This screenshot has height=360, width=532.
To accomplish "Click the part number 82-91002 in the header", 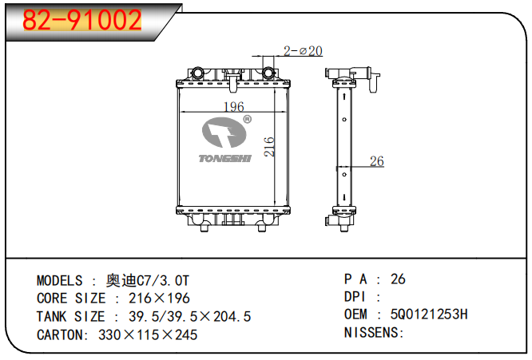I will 82,20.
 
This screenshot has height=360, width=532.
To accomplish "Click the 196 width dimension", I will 233,107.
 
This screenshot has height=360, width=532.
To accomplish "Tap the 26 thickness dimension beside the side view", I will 376,161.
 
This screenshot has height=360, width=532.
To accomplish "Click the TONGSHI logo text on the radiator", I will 224,158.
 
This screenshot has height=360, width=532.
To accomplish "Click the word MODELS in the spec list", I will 60,280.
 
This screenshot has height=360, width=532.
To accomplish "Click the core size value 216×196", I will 159,298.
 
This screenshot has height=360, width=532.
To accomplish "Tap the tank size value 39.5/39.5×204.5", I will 184,317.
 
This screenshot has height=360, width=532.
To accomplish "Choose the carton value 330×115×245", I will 147,334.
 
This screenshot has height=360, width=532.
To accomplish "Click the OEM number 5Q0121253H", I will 429,315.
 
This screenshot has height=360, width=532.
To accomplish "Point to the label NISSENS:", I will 374,332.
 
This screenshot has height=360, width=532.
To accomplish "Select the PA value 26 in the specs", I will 398,279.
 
